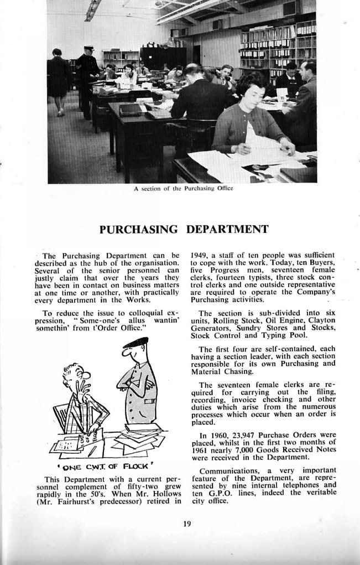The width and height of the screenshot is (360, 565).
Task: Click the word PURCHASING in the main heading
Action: [139, 229]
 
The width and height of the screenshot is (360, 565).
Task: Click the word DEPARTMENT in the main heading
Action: [227, 229]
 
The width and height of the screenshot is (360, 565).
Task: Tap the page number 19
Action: [187, 523]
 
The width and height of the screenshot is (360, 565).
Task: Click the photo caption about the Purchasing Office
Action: [183, 188]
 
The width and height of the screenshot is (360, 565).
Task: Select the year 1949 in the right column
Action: [200, 255]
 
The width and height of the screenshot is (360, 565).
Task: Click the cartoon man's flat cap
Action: [135, 343]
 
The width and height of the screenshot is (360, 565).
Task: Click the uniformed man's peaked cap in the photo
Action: [89, 49]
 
